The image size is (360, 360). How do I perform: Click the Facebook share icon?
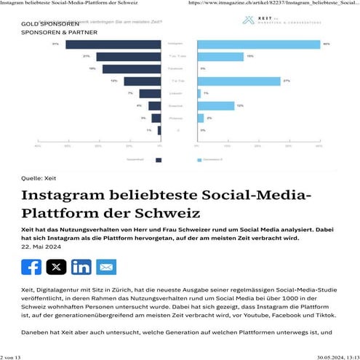click(x=31, y=267)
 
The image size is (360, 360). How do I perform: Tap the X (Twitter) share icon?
click(x=56, y=267)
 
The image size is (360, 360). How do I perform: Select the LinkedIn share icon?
click(x=81, y=267)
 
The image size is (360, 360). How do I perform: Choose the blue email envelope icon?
click(x=106, y=267)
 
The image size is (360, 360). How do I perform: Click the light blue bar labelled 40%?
click(x=258, y=45)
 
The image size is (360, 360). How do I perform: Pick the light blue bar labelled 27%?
click(x=239, y=81)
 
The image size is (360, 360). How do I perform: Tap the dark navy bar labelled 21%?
click(x=128, y=57)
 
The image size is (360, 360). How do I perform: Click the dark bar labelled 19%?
click(x=131, y=69)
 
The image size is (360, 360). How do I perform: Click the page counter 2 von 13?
click(x=12, y=355)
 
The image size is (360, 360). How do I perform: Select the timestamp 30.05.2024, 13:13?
click(x=336, y=355)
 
